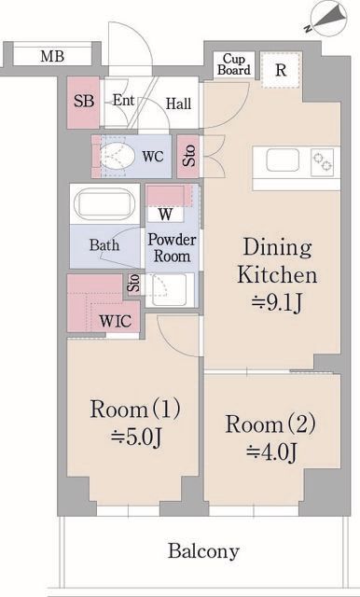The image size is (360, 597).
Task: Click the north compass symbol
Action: pos(328,19)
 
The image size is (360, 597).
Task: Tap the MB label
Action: pos(52,56)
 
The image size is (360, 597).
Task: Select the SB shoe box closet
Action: pos(83,103)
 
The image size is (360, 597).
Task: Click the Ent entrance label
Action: pos(124,101)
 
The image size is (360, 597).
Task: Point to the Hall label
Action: pos(178,104)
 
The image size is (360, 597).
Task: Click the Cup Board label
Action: pos(234,64)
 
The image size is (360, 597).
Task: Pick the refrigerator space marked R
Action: pos(281,71)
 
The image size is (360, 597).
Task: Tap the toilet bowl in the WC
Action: pos(118,156)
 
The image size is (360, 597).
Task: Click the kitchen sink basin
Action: pos(283,160)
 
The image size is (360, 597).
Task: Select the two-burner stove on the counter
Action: pos(323,162)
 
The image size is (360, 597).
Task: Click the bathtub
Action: pos(105,203)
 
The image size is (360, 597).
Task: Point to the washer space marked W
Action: pos(165,215)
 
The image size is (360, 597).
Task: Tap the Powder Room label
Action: pos(172,247)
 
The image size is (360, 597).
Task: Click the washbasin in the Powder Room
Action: pos(169,289)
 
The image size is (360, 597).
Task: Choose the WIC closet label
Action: pos(116,321)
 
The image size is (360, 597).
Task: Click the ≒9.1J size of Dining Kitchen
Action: pos(277,303)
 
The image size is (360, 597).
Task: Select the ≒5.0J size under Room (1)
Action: pos(136,437)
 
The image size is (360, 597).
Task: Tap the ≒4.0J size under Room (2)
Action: pos(271,451)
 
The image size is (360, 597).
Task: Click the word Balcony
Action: pos(203,551)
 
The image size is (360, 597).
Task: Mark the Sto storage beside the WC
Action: pos(188,157)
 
